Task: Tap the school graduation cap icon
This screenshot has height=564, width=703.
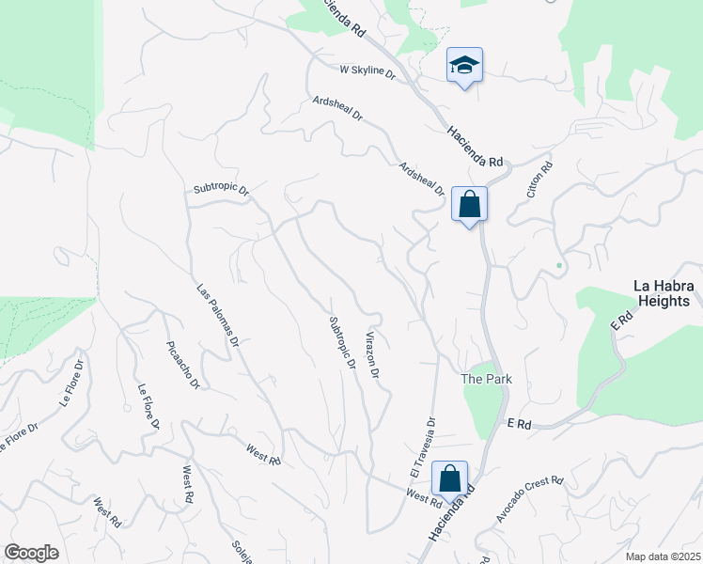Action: (x=464, y=65)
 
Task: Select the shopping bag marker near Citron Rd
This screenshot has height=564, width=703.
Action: (x=469, y=203)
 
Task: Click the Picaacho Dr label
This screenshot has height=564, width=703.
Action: (x=182, y=365)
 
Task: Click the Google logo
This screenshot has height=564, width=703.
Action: (x=31, y=553)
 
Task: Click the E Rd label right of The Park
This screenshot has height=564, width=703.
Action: (x=519, y=425)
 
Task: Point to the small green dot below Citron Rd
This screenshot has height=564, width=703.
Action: (x=559, y=265)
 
